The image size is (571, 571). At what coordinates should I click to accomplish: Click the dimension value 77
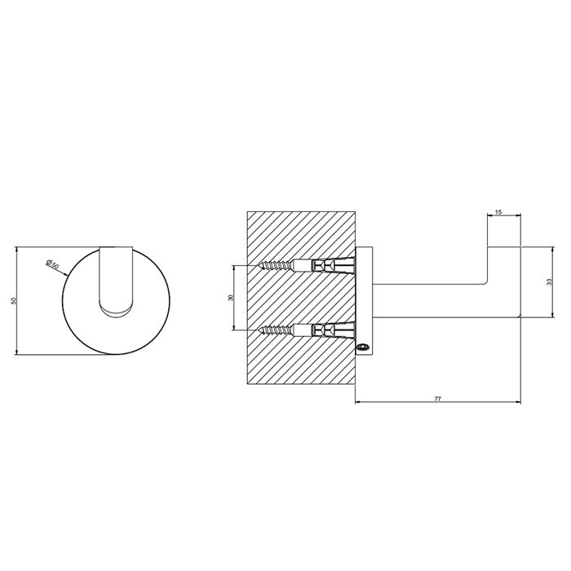click(x=438, y=399)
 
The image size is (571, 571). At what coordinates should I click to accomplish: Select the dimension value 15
click(x=498, y=212)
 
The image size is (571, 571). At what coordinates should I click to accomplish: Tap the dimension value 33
click(x=550, y=281)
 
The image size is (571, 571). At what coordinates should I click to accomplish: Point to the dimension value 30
click(x=230, y=298)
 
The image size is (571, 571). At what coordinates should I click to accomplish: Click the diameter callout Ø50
click(x=53, y=263)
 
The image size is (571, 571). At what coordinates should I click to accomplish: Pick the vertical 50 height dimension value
click(x=14, y=301)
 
